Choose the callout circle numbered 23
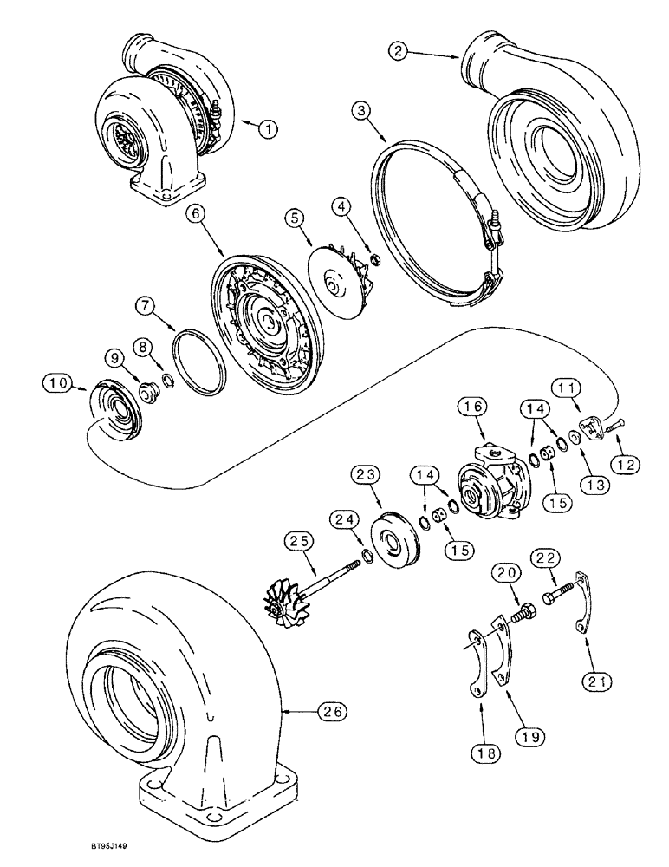point(364,473)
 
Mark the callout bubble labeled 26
point(333,711)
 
